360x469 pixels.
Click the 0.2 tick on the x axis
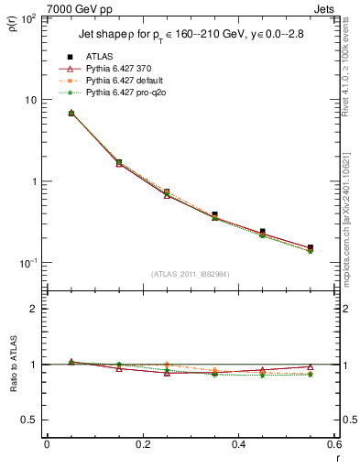[143, 446]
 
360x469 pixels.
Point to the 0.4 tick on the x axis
[239, 446]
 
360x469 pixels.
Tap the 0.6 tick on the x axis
[334, 446]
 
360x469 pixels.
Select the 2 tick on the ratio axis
[35, 309]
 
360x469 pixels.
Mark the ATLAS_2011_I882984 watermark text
[190, 273]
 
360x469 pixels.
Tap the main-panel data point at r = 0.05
[71, 113]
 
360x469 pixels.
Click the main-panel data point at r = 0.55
[311, 248]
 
